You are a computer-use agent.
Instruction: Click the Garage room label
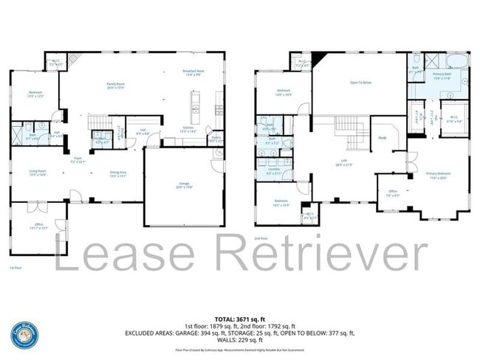click(x=184, y=184)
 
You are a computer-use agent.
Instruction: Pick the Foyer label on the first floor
click(x=77, y=159)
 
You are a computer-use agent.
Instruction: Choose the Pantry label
click(x=216, y=139)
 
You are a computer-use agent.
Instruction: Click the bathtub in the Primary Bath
click(x=459, y=60)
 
